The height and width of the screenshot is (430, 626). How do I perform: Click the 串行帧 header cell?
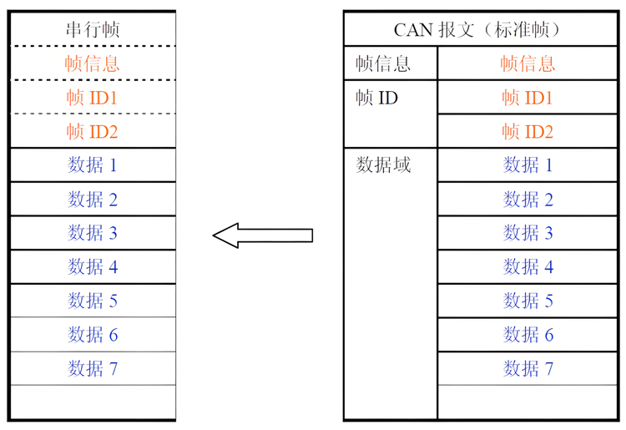93,29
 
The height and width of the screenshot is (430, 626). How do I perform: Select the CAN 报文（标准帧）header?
478,29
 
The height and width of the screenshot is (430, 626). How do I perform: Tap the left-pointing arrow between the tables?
262,235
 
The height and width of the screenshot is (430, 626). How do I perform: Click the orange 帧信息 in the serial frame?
93,63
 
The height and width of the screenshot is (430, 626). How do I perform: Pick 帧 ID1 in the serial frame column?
93,98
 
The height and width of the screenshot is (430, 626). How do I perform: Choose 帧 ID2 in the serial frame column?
93,132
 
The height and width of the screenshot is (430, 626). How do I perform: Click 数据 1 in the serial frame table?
93,165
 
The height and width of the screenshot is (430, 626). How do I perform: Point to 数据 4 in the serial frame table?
93,267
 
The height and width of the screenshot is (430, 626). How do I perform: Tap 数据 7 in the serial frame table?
93,368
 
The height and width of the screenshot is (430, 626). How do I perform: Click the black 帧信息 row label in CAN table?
384,63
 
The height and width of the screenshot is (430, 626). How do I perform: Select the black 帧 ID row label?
377,98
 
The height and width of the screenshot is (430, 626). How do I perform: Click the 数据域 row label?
384,165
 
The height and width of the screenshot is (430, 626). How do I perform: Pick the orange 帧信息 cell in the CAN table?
528,63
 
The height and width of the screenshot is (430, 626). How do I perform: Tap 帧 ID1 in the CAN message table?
528,98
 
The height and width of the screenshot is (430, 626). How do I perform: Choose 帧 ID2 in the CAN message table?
528,132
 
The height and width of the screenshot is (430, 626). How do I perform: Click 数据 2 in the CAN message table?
528,200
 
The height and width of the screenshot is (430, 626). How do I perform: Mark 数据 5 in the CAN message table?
528,301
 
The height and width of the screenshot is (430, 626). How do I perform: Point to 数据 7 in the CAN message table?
528,368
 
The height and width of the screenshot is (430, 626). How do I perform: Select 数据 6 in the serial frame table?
93,335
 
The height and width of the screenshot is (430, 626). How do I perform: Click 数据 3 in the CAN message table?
528,233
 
